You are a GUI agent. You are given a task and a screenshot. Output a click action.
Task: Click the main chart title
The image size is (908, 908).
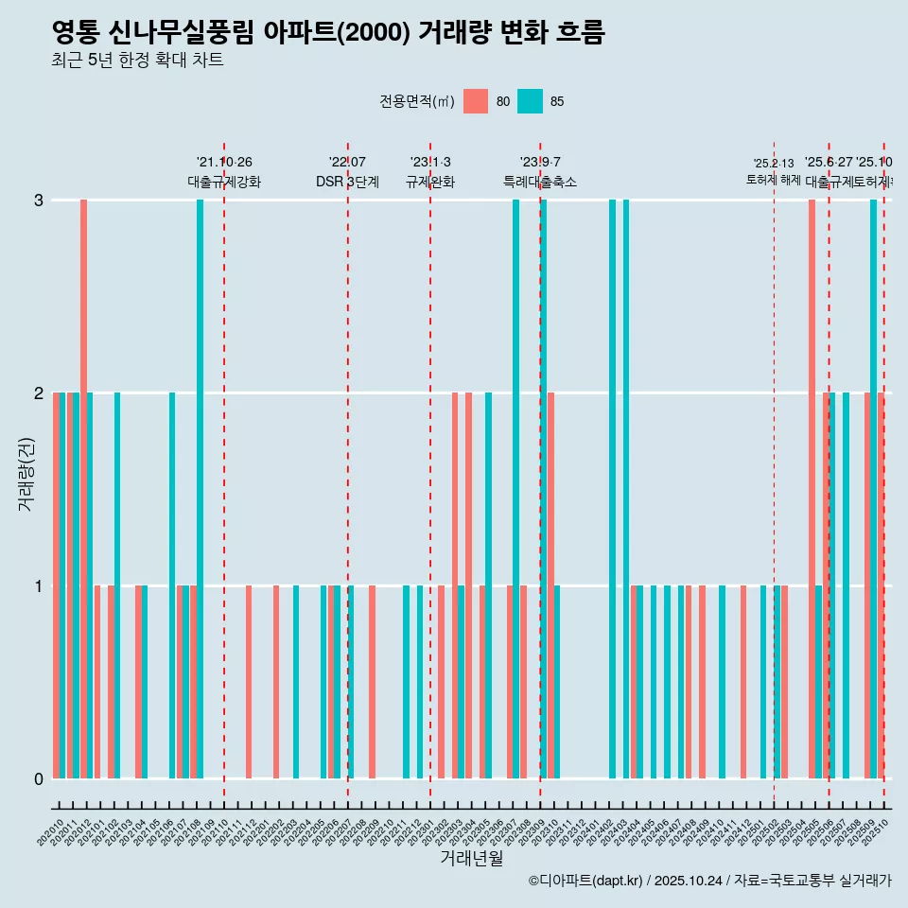click(x=328, y=33)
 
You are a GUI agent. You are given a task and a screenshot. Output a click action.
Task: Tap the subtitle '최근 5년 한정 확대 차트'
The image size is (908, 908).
click(x=137, y=61)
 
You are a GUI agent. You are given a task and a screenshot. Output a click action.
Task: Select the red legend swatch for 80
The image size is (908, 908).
click(x=476, y=101)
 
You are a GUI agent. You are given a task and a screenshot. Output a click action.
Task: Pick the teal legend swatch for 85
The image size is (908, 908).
click(x=531, y=101)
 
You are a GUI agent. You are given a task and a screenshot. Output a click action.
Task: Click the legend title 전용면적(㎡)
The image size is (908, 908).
click(x=416, y=101)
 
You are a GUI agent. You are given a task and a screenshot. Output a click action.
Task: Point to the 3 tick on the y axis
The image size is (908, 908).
click(x=38, y=200)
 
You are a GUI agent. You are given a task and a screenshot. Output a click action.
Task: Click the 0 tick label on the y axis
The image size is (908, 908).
click(x=38, y=778)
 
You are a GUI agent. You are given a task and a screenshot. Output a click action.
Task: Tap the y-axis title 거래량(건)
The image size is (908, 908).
click(x=26, y=473)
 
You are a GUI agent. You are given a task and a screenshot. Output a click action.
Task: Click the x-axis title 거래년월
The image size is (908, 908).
click(x=471, y=858)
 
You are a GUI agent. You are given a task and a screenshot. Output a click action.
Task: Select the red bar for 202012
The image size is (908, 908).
click(x=83, y=489)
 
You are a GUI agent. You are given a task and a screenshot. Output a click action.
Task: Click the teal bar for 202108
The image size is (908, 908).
click(x=200, y=489)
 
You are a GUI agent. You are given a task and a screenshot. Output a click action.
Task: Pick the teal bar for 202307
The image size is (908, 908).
click(x=515, y=489)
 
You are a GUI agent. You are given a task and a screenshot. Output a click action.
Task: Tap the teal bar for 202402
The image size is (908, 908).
click(x=612, y=489)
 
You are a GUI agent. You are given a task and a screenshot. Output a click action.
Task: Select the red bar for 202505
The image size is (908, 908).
click(x=812, y=489)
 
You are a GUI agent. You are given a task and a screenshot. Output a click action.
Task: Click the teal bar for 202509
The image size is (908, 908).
click(x=873, y=489)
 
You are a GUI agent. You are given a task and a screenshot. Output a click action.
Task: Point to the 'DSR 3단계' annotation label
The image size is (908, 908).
click(x=347, y=182)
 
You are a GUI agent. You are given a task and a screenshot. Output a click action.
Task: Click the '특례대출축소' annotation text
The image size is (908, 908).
click(x=540, y=182)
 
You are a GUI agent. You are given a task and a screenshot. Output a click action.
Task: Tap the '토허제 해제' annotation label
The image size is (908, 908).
click(x=774, y=179)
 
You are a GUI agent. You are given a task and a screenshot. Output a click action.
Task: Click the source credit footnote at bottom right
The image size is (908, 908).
click(x=709, y=881)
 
